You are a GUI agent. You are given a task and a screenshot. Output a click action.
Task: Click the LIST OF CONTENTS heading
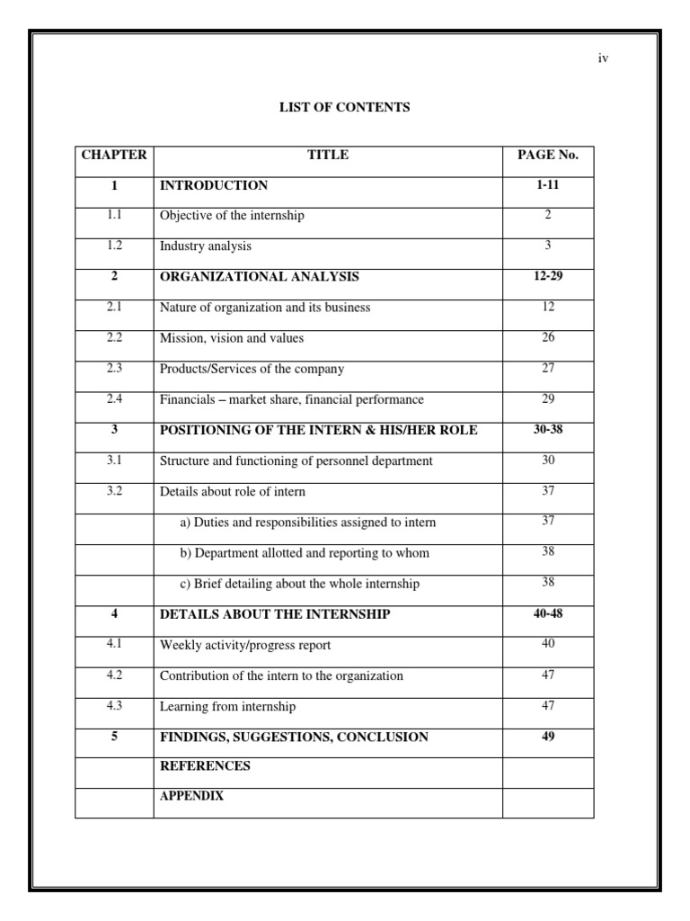(x=345, y=107)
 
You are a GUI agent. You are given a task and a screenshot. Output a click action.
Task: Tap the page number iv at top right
(x=604, y=58)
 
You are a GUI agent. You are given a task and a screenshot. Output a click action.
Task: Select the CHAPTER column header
(x=114, y=155)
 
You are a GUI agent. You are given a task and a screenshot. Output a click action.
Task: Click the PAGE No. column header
(x=548, y=155)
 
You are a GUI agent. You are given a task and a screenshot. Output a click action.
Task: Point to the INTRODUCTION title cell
(x=214, y=185)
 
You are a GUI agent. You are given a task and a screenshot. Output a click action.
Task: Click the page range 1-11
(x=548, y=184)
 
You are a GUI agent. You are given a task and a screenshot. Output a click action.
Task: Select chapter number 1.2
(x=114, y=246)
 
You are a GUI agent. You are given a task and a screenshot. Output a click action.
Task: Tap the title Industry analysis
(x=206, y=246)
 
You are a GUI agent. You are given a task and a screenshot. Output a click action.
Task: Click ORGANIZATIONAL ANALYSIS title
(x=259, y=277)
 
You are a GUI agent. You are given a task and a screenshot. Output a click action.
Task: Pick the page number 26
(x=548, y=337)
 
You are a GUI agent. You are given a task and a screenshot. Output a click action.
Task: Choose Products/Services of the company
(x=252, y=369)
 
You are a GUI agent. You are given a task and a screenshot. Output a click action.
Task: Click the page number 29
(x=548, y=398)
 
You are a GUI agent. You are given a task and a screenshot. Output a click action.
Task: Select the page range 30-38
(x=548, y=429)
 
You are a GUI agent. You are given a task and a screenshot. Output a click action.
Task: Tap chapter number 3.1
(x=114, y=460)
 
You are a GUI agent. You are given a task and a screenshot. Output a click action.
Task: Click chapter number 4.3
(x=114, y=705)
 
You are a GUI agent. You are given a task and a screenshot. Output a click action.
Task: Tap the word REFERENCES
(x=205, y=766)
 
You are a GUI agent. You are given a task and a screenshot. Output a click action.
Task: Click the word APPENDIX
(x=191, y=796)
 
